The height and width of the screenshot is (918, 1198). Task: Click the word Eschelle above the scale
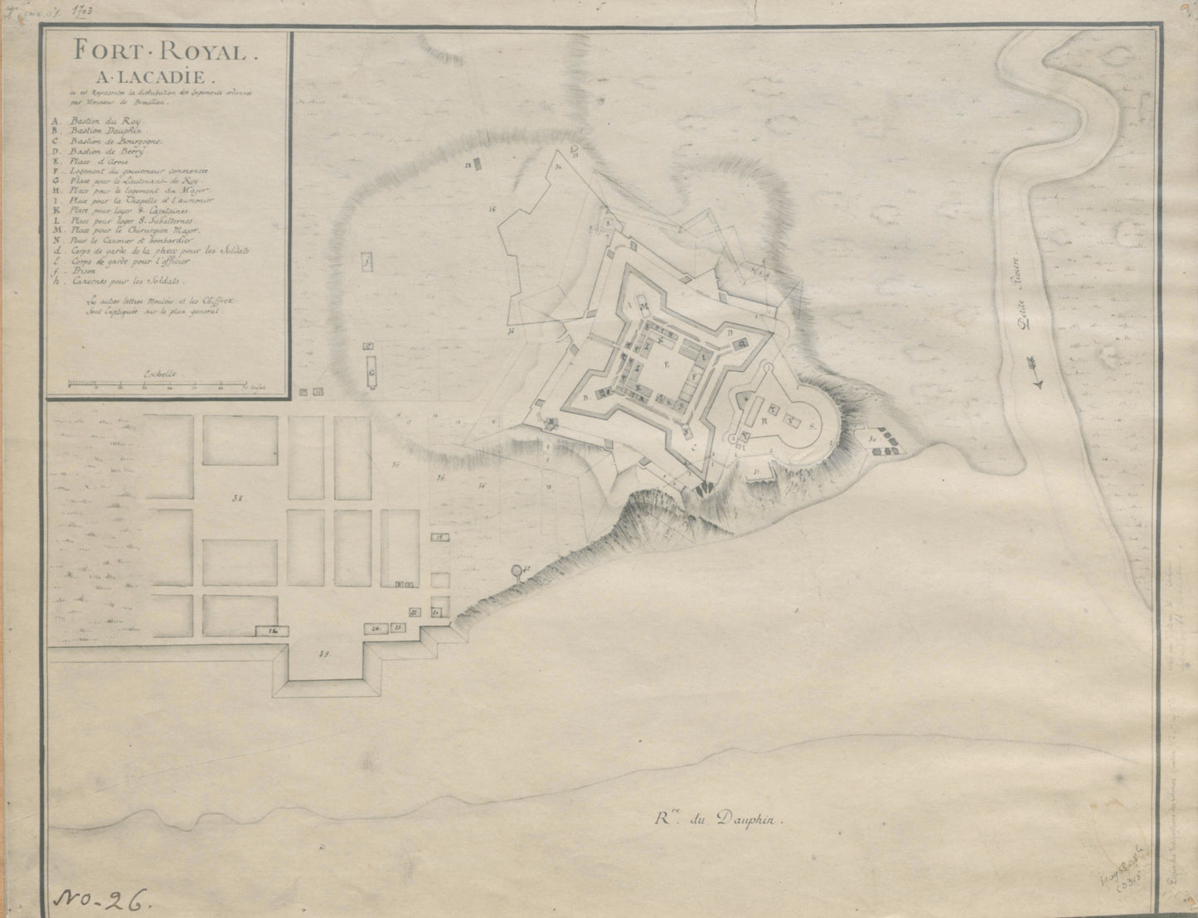(x=158, y=373)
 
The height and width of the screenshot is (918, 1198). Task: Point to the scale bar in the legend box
(x=158, y=384)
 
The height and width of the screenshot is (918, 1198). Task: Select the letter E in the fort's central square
(x=666, y=362)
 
